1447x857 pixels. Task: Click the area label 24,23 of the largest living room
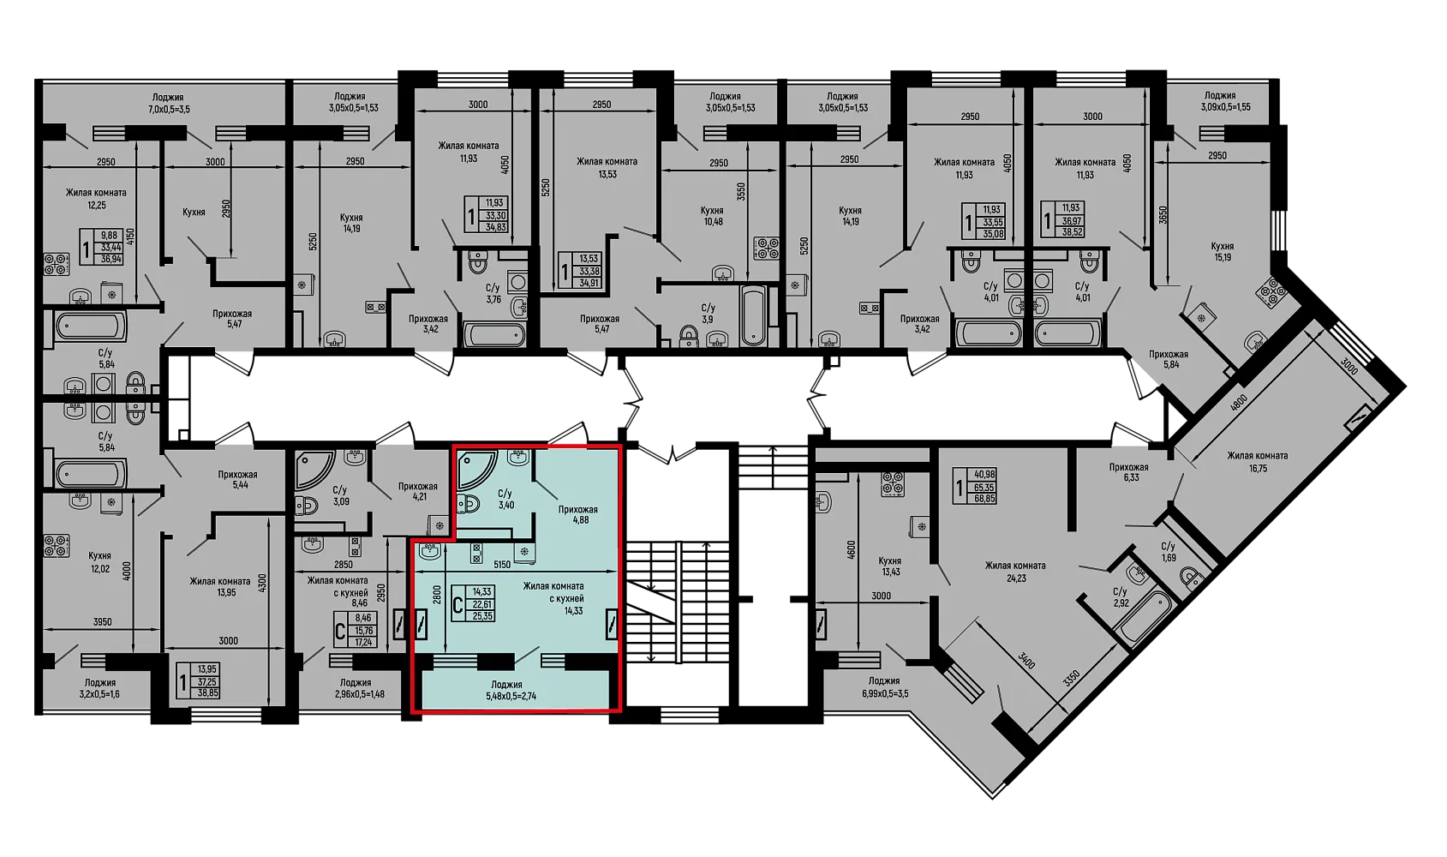(1015, 578)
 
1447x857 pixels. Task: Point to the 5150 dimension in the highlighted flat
(502, 564)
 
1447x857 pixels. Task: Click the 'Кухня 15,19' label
(1223, 251)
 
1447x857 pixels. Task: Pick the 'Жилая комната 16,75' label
(1258, 462)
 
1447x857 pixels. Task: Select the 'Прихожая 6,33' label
(1128, 473)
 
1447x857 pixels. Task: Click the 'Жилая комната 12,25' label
(96, 199)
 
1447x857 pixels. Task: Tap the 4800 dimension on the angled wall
(1238, 403)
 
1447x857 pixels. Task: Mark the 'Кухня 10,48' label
(713, 216)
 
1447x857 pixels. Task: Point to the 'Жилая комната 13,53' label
(607, 167)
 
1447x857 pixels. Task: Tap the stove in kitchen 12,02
(57, 545)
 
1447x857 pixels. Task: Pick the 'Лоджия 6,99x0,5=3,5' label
(883, 687)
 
